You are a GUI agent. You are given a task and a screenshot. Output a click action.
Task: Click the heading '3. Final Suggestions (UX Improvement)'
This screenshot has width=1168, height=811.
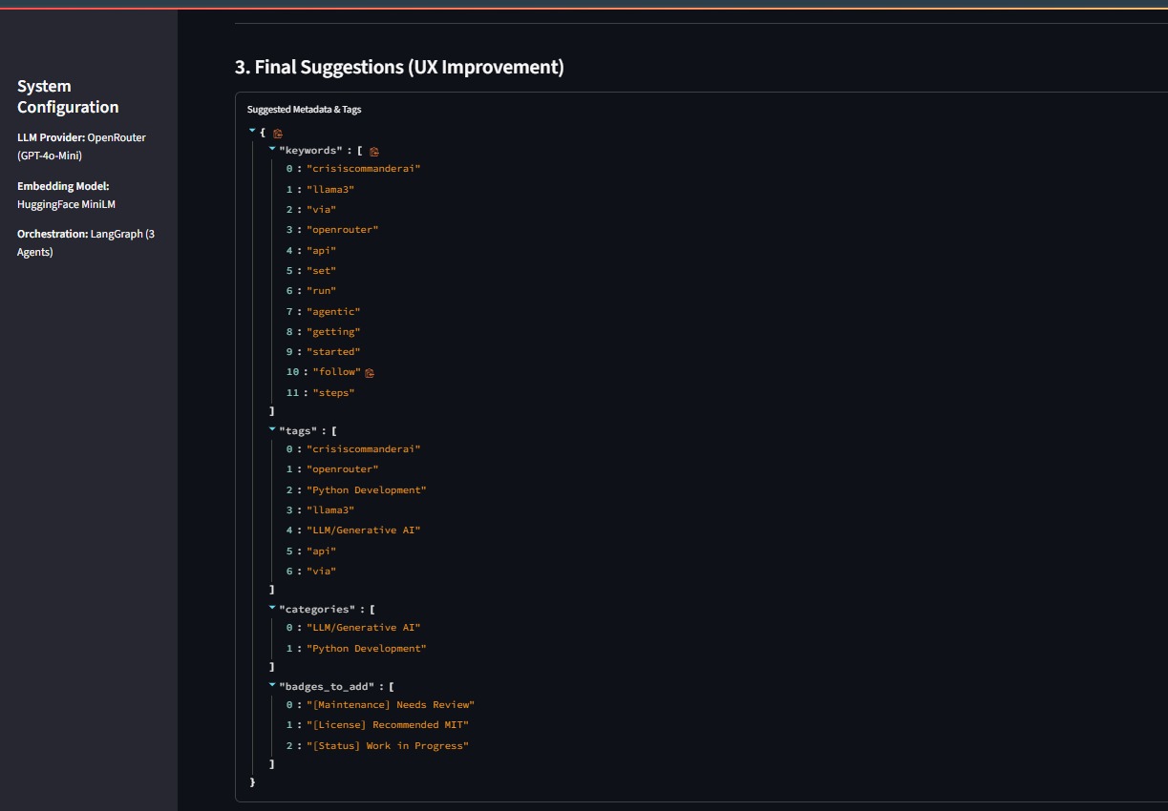coord(399,68)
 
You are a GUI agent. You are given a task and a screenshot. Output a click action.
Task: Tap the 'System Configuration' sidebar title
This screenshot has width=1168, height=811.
coord(68,96)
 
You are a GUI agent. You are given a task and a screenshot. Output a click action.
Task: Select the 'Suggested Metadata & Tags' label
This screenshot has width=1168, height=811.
coord(304,110)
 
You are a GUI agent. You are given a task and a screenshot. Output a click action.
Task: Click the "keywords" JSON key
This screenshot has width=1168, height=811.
coord(309,151)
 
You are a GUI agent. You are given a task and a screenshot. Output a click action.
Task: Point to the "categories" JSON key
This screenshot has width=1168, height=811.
coord(316,609)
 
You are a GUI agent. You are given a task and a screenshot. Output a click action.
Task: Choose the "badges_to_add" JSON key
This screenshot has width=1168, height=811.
coord(326,686)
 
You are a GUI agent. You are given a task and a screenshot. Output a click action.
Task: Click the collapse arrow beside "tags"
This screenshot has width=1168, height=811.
coord(272,430)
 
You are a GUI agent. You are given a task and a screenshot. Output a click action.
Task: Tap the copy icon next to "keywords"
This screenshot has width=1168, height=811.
coord(374,152)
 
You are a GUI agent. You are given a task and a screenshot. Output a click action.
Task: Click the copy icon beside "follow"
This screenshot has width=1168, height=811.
coord(370,372)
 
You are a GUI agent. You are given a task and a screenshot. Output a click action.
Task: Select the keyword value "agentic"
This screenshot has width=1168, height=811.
coord(333,312)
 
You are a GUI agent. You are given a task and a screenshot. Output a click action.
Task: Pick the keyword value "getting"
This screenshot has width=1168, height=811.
coord(333,332)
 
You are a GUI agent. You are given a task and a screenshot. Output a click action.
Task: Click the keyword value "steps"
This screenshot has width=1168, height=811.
coord(333,393)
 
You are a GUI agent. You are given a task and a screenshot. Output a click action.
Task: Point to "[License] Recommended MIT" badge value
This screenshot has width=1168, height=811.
coord(388,725)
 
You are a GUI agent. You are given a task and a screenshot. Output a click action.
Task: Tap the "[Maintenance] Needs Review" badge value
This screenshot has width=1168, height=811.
coord(391,705)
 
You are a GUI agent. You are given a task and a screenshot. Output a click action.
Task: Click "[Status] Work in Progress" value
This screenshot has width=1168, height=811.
coord(388,746)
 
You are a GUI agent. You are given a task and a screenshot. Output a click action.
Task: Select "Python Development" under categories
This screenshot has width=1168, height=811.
coord(367,649)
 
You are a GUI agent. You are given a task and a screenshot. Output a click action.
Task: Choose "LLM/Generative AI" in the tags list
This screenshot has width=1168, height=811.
coord(364,530)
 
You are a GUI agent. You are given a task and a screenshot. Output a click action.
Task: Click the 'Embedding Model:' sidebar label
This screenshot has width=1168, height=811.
coord(63,186)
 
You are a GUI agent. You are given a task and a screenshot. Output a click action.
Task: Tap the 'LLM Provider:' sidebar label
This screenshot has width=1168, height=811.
coord(51,137)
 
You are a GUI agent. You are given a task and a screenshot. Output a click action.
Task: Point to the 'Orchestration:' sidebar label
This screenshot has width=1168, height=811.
coord(53,234)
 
